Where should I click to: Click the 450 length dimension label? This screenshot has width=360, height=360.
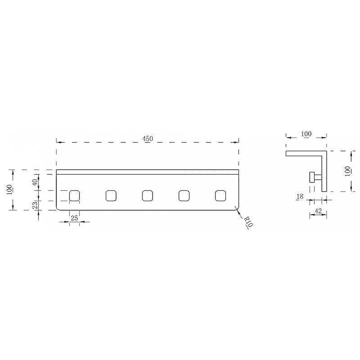tap(148, 139)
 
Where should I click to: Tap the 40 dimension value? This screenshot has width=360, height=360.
tap(35, 183)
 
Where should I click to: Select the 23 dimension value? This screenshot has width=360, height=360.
tap(35, 205)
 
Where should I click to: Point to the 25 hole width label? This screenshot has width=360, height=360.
tap(74, 218)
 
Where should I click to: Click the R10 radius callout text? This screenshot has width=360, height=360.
tap(248, 221)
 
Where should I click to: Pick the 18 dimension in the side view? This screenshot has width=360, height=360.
tap(300, 197)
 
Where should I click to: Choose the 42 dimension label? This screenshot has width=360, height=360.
tap(318, 211)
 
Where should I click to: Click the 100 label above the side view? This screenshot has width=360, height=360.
tap(306, 134)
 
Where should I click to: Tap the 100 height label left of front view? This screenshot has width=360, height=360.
tap(9, 189)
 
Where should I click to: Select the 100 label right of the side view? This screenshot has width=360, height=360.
tap(347, 171)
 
